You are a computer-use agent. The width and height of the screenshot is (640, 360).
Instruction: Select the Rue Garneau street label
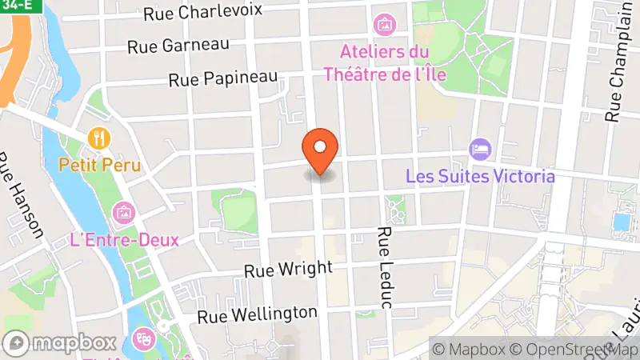178,46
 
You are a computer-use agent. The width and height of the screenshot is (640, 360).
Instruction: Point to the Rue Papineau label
223,78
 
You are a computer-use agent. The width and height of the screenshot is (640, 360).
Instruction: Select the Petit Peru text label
100,166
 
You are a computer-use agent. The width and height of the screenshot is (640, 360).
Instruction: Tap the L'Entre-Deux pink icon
124,213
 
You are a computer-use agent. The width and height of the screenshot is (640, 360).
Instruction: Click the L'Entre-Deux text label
124,239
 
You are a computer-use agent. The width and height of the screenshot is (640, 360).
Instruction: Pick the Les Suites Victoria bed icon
480,149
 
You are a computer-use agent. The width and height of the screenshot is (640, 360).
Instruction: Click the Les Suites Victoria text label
480,175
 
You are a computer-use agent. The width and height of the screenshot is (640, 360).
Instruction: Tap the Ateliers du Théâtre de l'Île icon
384,25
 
